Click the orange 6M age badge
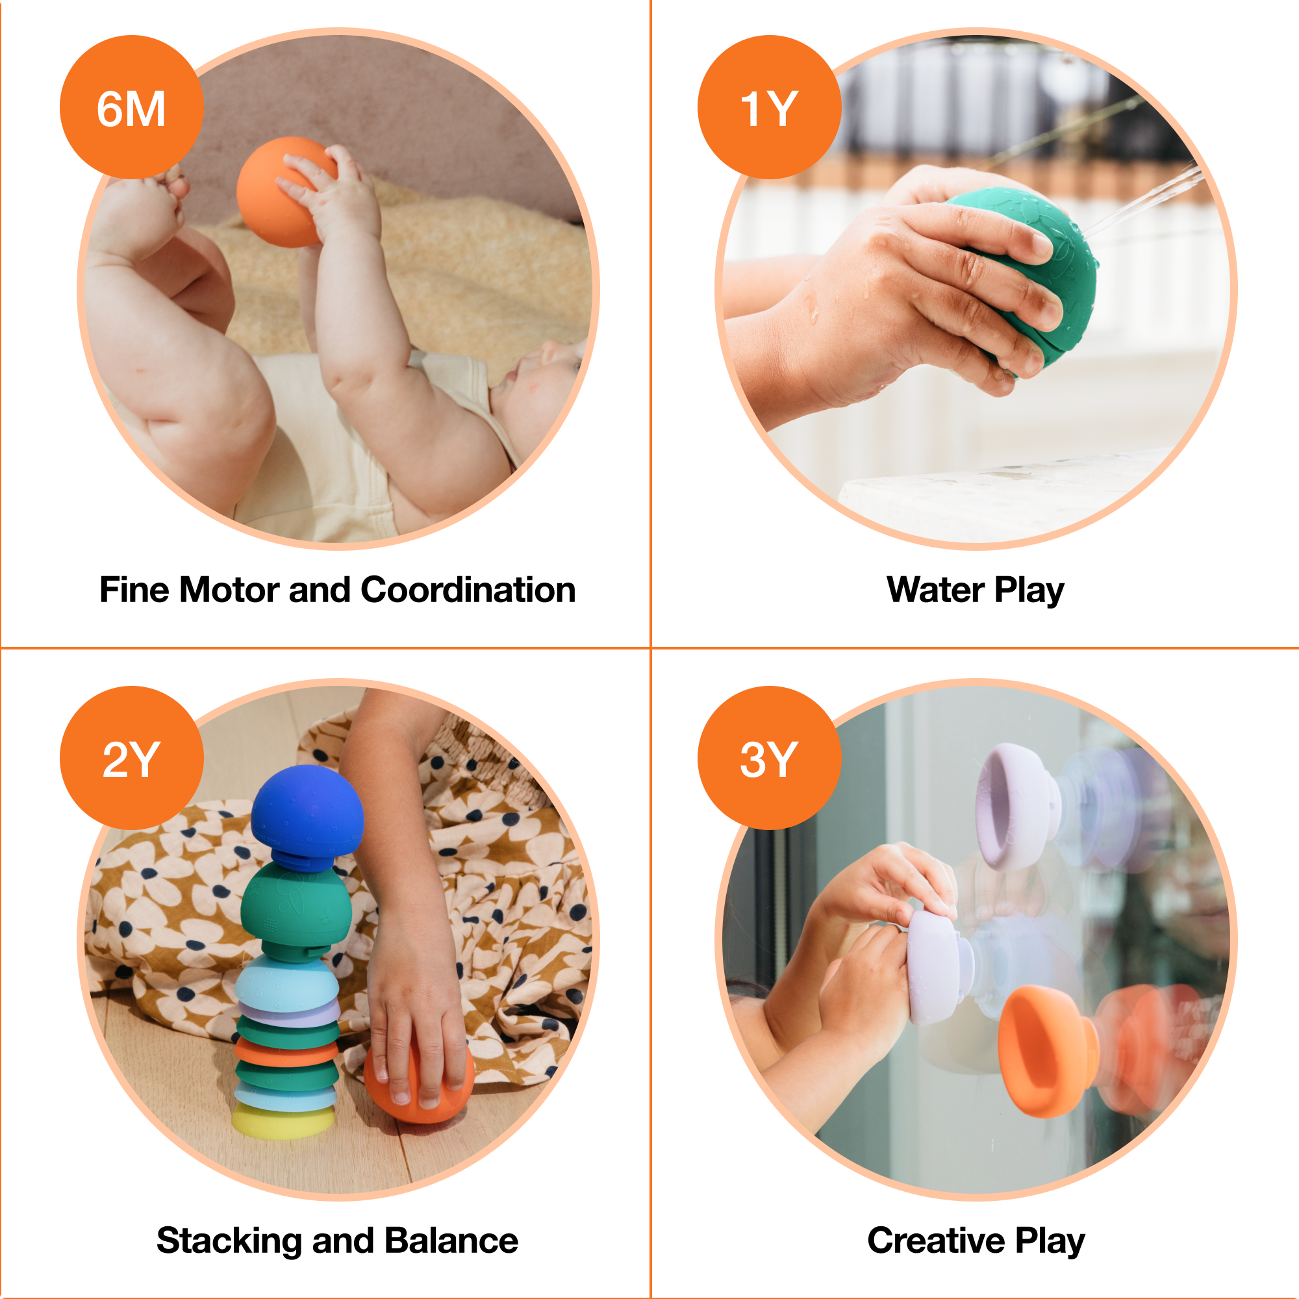tap(131, 108)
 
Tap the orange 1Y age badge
tap(768, 108)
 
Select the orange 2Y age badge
tap(131, 759)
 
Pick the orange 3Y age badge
tap(768, 759)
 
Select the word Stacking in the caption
tap(229, 1241)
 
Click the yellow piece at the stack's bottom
tap(283, 1122)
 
